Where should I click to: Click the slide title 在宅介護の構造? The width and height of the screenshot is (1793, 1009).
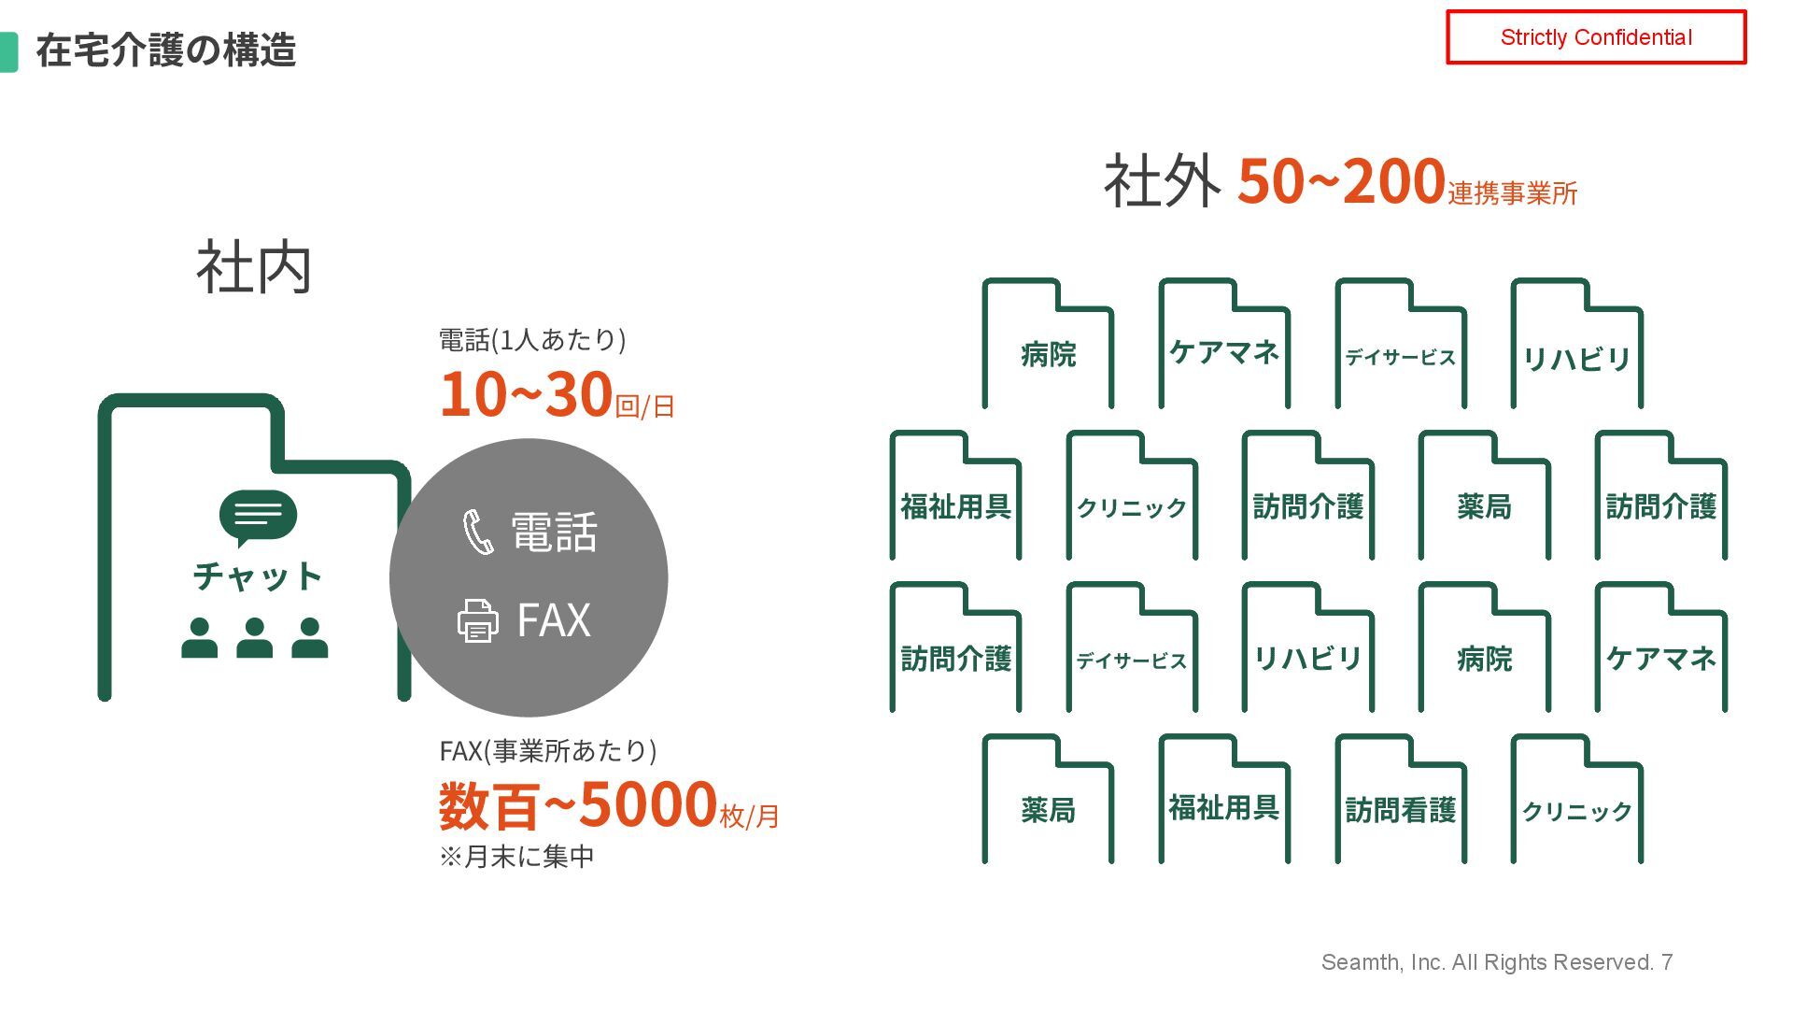pyautogui.click(x=165, y=50)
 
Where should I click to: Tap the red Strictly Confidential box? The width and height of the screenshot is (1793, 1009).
pyautogui.click(x=1595, y=37)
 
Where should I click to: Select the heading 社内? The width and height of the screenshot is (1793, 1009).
pyautogui.click(x=253, y=268)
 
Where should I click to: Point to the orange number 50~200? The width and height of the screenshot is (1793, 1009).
pyautogui.click(x=1341, y=180)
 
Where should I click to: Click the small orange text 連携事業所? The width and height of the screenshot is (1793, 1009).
pyautogui.click(x=1512, y=193)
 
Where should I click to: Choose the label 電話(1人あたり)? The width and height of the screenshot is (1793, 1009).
pyautogui.click(x=532, y=339)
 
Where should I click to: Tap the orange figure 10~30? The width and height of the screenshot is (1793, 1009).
pyautogui.click(x=526, y=394)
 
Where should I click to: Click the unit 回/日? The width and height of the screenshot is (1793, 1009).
pyautogui.click(x=644, y=406)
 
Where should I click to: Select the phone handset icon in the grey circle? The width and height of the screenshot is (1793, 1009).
pyautogui.click(x=478, y=532)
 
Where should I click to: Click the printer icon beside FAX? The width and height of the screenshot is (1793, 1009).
pyautogui.click(x=477, y=620)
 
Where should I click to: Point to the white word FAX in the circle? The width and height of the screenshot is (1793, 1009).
pyautogui.click(x=554, y=620)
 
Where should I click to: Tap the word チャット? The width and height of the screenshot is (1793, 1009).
pyautogui.click(x=258, y=576)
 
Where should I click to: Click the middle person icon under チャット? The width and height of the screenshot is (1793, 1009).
pyautogui.click(x=254, y=638)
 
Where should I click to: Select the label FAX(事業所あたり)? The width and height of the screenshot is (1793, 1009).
pyautogui.click(x=548, y=750)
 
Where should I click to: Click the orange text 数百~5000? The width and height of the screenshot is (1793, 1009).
pyautogui.click(x=577, y=805)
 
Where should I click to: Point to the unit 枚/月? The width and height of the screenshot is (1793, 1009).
pyautogui.click(x=749, y=816)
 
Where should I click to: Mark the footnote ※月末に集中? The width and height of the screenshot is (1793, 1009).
pyautogui.click(x=516, y=857)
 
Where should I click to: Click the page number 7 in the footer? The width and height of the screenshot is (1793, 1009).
pyautogui.click(x=1667, y=962)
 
